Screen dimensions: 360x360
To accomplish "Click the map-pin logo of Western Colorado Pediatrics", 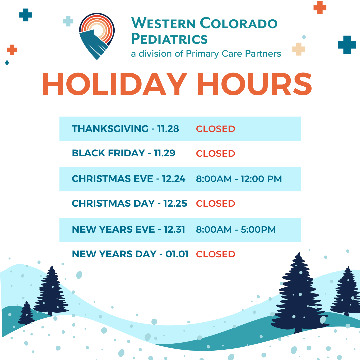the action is coord(97,36).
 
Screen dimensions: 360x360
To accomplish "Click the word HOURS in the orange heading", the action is coord(255,84).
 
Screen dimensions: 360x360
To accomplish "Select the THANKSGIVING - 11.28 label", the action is coord(125,129).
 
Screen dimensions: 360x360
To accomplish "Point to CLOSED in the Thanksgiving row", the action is coord(215,129).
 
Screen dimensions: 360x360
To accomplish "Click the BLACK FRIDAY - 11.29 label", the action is coord(124,153).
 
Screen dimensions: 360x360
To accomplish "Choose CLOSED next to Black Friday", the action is coord(215,154).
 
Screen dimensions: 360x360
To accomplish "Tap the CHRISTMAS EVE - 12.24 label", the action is coord(129,179).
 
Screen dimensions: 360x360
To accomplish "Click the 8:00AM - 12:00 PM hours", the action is coord(239,179).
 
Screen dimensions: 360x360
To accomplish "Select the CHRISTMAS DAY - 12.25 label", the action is coord(129,203).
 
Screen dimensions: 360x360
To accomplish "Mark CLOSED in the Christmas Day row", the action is coord(215,204).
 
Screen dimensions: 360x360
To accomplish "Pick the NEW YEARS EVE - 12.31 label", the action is coord(128,229).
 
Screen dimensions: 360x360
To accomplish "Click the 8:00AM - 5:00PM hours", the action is coord(236,230).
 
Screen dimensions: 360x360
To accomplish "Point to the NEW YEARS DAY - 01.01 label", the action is coord(130,254).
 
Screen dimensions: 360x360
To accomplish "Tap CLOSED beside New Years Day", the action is coord(215,254).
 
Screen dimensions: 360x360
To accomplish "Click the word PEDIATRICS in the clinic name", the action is coord(169,39).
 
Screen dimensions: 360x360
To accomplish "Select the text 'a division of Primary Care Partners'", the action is coord(206,54).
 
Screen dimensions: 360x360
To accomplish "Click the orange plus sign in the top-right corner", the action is coord(320,8).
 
